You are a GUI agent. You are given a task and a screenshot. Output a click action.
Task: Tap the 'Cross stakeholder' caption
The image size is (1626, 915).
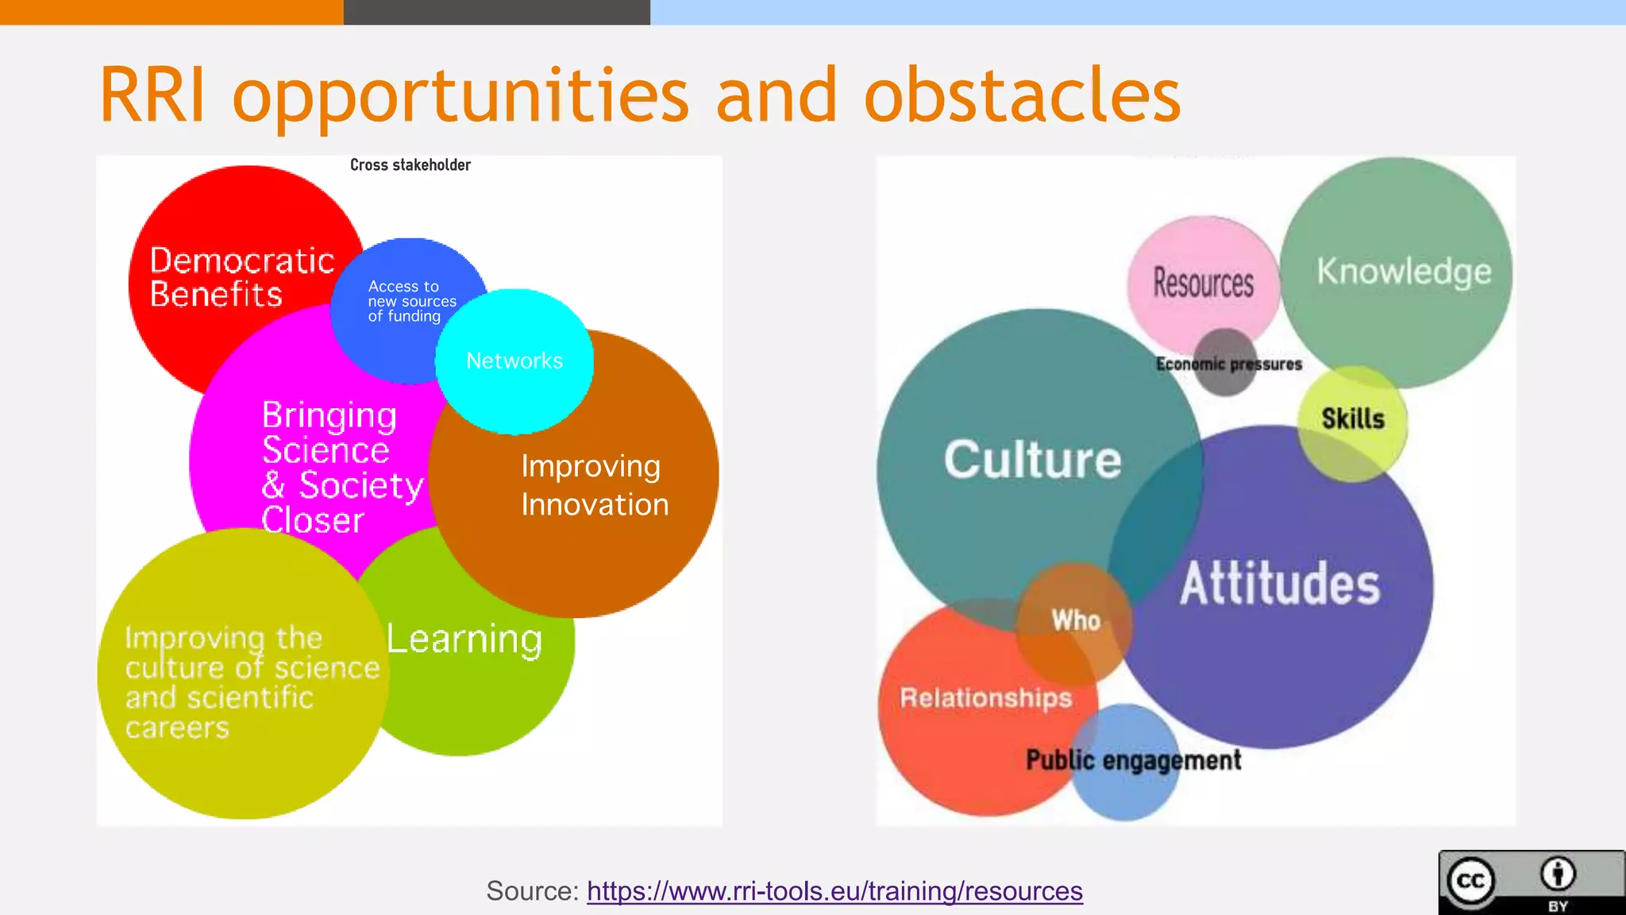(410, 165)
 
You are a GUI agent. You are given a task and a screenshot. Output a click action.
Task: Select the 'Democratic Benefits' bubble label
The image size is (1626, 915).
(241, 277)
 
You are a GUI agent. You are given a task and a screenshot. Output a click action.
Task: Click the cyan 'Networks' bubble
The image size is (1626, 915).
(514, 361)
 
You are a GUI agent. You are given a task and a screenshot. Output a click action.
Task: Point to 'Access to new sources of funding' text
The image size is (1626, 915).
(411, 301)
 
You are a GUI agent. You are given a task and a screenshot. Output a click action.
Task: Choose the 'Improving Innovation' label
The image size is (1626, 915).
(594, 485)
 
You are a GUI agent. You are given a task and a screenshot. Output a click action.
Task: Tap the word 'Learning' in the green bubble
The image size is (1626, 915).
(464, 639)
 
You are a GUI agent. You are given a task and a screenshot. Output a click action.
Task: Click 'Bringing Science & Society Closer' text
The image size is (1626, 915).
(341, 467)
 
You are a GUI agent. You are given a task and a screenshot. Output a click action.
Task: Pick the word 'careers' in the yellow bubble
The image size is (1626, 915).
(177, 728)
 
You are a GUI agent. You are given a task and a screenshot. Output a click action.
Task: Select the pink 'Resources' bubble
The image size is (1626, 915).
(1203, 283)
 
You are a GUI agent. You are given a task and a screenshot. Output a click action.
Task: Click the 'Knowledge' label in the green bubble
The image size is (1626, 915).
(1404, 272)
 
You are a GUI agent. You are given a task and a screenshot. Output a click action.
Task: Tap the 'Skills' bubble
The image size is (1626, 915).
(1353, 419)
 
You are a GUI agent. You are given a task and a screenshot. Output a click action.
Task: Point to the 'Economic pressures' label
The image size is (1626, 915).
(1229, 365)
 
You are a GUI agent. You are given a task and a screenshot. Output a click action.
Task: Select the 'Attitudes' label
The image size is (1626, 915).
(1280, 584)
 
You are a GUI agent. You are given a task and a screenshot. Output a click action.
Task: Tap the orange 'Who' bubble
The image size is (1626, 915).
(1076, 620)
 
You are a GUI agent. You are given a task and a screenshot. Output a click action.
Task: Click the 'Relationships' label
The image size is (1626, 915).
(986, 697)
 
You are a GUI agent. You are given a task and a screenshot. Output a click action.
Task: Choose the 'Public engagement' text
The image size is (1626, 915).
(1133, 760)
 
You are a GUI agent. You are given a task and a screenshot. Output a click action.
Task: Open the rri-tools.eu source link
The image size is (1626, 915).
(834, 891)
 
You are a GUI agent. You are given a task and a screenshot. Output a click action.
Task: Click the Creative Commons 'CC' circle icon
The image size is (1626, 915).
(1471, 881)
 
